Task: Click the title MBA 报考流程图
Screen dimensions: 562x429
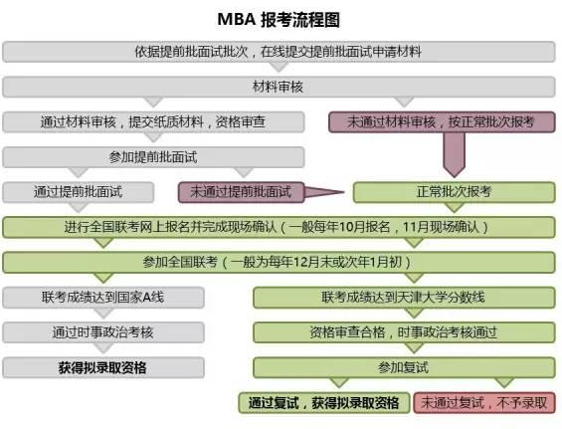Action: click(x=279, y=19)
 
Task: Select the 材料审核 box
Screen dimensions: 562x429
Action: click(x=279, y=87)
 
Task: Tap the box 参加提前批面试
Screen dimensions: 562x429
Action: click(x=153, y=157)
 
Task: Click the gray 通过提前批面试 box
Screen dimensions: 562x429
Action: click(x=79, y=192)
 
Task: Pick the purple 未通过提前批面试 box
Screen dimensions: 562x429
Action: click(x=242, y=192)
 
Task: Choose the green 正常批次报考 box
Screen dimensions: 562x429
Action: click(x=455, y=192)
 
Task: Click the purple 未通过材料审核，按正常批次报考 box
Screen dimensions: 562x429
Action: click(x=442, y=122)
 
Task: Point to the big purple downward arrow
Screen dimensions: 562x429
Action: click(x=455, y=155)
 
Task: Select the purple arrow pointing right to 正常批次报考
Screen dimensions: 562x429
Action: click(x=324, y=192)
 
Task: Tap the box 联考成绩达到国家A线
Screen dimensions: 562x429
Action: click(x=103, y=298)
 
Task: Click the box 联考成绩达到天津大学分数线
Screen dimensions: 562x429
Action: click(x=404, y=298)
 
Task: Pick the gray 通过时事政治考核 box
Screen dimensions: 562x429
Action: click(x=103, y=332)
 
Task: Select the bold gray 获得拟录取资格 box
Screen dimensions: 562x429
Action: click(x=103, y=367)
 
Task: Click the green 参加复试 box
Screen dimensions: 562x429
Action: click(x=404, y=367)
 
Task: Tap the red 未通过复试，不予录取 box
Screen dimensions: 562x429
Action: click(x=484, y=403)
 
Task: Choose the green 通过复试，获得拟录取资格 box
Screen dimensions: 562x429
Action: click(x=324, y=403)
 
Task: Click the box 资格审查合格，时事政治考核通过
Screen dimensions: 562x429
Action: click(x=404, y=332)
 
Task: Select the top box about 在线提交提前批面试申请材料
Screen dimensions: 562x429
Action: click(x=279, y=52)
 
